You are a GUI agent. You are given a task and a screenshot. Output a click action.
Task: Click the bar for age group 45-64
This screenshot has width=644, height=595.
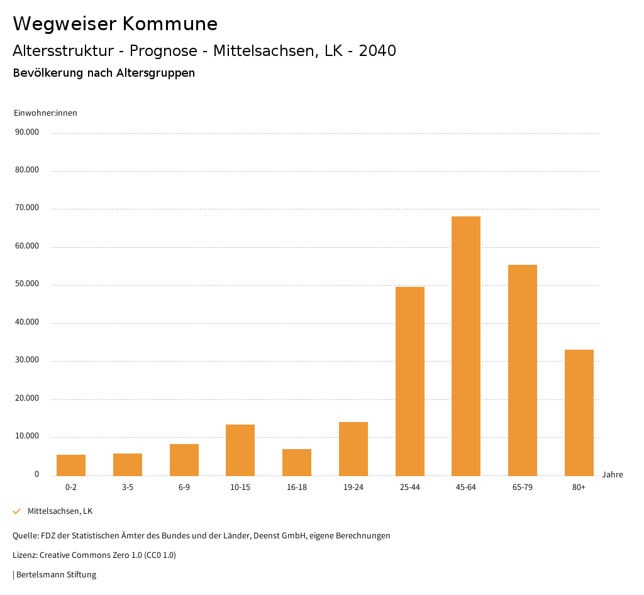tap(466, 346)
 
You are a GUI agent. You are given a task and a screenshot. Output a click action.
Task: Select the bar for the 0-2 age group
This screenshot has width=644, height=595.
tap(71, 465)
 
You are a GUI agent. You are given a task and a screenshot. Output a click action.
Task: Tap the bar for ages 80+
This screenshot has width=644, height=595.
tap(579, 413)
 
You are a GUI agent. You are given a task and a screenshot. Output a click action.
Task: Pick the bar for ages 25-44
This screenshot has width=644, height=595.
tap(410, 381)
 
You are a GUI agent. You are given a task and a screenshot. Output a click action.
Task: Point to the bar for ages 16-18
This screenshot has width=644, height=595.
tap(297, 462)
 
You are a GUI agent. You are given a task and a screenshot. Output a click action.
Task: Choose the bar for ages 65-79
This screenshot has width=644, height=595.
tap(523, 370)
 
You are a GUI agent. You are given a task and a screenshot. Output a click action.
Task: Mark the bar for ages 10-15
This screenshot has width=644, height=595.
tap(240, 450)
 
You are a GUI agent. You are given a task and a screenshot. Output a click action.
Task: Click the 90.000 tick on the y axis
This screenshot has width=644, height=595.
tap(27, 132)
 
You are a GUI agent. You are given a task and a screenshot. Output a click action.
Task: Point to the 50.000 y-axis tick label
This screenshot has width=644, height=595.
tap(27, 284)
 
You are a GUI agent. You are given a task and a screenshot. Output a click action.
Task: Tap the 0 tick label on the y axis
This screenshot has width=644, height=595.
tap(36, 474)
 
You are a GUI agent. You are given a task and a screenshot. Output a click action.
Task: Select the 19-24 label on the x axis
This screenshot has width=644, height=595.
tap(353, 487)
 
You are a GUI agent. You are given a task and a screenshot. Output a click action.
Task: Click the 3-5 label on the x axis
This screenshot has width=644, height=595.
tap(128, 487)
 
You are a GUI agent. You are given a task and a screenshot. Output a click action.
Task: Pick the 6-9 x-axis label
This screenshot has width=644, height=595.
tap(184, 487)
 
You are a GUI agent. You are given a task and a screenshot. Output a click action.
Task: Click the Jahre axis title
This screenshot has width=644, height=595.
tap(613, 475)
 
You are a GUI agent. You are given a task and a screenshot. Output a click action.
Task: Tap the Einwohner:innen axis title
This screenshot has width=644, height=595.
tap(45, 113)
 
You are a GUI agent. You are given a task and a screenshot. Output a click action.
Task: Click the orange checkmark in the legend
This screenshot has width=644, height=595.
tap(17, 511)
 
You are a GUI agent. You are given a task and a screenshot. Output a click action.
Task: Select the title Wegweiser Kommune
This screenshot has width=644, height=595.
tap(115, 24)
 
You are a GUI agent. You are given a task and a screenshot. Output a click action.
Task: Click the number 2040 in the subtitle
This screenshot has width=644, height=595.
tap(377, 51)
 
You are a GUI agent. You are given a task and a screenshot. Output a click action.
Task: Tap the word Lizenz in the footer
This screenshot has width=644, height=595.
tap(25, 555)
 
